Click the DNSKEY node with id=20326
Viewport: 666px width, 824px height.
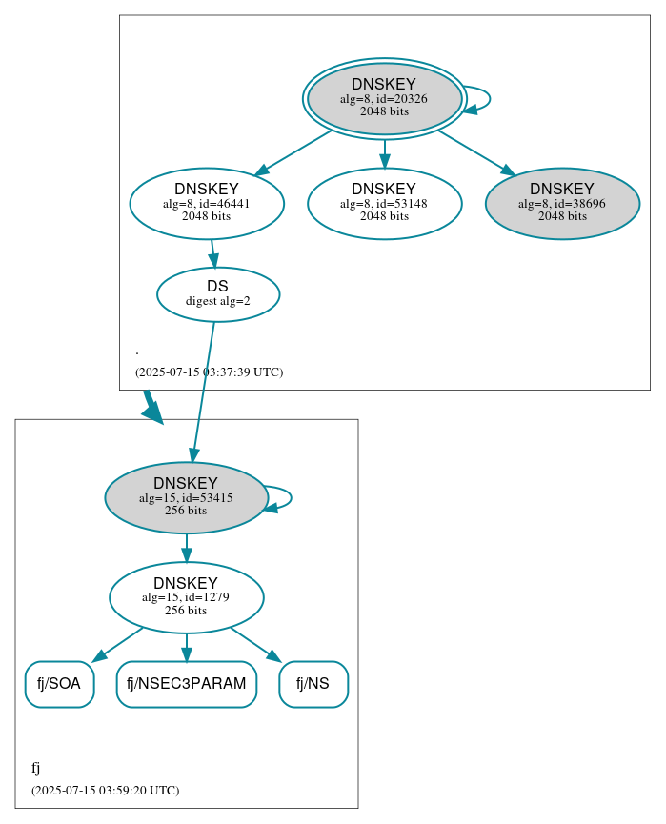pyautogui.click(x=384, y=98)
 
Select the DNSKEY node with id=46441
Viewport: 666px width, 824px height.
pyautogui.click(x=207, y=203)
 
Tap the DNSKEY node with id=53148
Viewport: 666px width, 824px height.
pyautogui.click(x=384, y=203)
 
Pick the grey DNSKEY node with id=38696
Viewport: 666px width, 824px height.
pyautogui.click(x=562, y=203)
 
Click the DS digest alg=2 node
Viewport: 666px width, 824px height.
pyautogui.click(x=218, y=294)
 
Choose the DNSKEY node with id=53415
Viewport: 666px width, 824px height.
pyautogui.click(x=186, y=497)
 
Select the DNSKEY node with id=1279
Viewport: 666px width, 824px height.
pyautogui.click(x=186, y=597)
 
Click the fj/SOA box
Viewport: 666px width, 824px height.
pyautogui.click(x=59, y=684)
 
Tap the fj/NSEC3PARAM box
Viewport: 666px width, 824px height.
pyautogui.click(x=187, y=684)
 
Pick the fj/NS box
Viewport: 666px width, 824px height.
pyautogui.click(x=313, y=684)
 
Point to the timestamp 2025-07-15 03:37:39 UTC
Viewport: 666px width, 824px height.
pyautogui.click(x=209, y=372)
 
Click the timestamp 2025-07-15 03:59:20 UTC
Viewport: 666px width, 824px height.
pyautogui.click(x=105, y=791)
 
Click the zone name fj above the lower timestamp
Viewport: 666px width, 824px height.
pyautogui.click(x=36, y=768)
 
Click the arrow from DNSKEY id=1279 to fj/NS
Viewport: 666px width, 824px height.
pyautogui.click(x=254, y=643)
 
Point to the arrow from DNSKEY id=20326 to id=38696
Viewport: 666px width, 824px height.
pyautogui.click(x=474, y=151)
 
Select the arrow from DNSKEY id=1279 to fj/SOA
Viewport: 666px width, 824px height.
pyautogui.click(x=118, y=643)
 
